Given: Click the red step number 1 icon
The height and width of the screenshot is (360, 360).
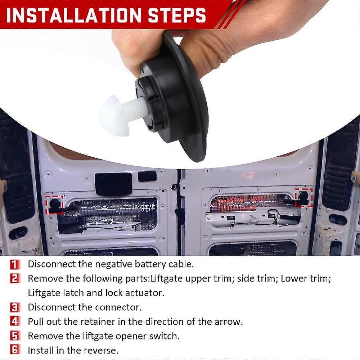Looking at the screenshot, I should pyautogui.click(x=15, y=264).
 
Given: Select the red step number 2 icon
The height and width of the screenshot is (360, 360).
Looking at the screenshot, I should pyautogui.click(x=15, y=279).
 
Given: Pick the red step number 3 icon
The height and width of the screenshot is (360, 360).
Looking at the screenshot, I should pyautogui.click(x=15, y=307).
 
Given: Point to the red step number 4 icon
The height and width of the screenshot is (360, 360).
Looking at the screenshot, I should pyautogui.click(x=15, y=321).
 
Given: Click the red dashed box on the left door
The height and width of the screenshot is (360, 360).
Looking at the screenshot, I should pyautogui.click(x=55, y=204).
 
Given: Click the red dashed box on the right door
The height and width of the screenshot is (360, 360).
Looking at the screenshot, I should pyautogui.click(x=304, y=197).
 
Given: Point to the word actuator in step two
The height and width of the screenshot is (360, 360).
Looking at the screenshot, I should pyautogui.click(x=144, y=293).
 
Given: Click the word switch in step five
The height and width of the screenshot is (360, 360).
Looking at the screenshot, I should pyautogui.click(x=167, y=336).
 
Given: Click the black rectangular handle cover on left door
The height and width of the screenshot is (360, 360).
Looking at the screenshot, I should pyautogui.click(x=114, y=184).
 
